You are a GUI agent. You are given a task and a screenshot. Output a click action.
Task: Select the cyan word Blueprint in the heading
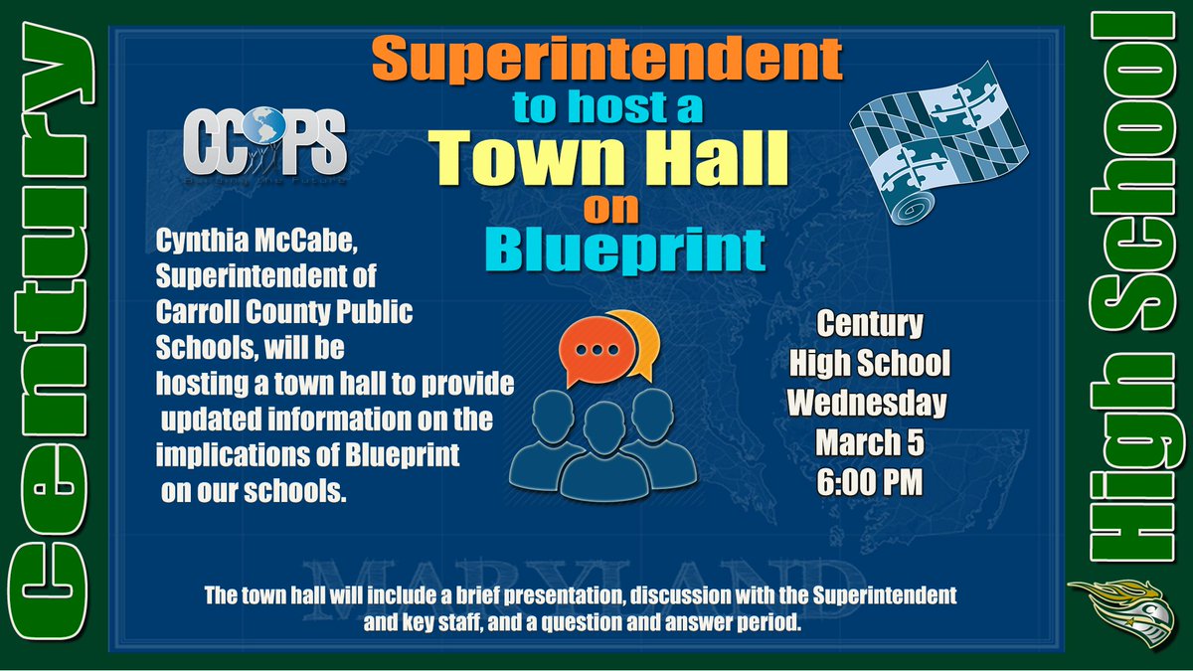click(631, 251)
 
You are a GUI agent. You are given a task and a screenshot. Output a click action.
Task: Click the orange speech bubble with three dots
click(596, 350)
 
